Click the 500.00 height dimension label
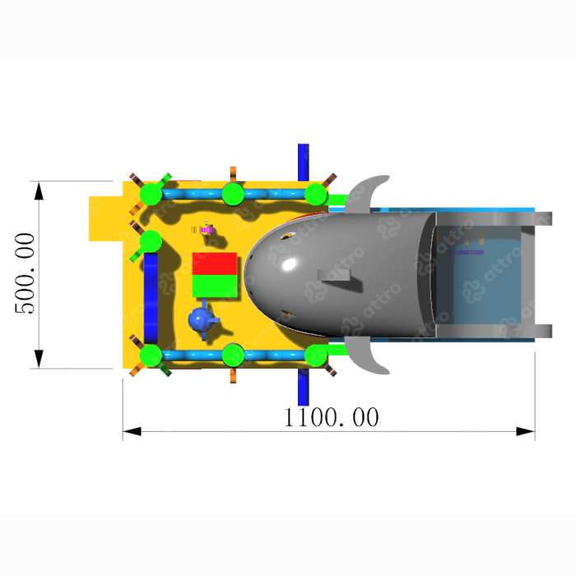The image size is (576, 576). coord(25,273)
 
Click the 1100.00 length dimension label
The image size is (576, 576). coord(332,417)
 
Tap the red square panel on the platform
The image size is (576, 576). coord(215,263)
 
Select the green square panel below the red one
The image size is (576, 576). coord(215,286)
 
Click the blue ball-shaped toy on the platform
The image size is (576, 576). coord(202,319)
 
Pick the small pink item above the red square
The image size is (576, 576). coord(207,230)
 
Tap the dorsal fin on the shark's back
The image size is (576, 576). coord(334,276)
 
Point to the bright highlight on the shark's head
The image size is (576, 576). coord(289,264)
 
